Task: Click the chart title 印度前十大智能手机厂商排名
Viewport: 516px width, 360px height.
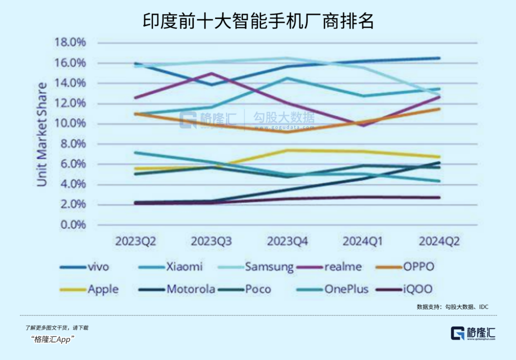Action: (x=258, y=21)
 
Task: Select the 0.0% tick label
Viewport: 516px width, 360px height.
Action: (x=72, y=225)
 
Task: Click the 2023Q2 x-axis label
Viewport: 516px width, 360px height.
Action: (x=135, y=241)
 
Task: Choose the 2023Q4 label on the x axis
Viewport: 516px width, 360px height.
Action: (x=287, y=241)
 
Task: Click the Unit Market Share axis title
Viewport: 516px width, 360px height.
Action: (x=42, y=134)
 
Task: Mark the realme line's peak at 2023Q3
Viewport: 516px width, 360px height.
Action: (x=211, y=73)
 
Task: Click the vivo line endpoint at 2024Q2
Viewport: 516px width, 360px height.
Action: (x=439, y=58)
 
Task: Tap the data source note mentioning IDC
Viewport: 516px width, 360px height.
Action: (x=452, y=307)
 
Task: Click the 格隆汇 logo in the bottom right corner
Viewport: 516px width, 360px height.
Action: (x=473, y=333)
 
